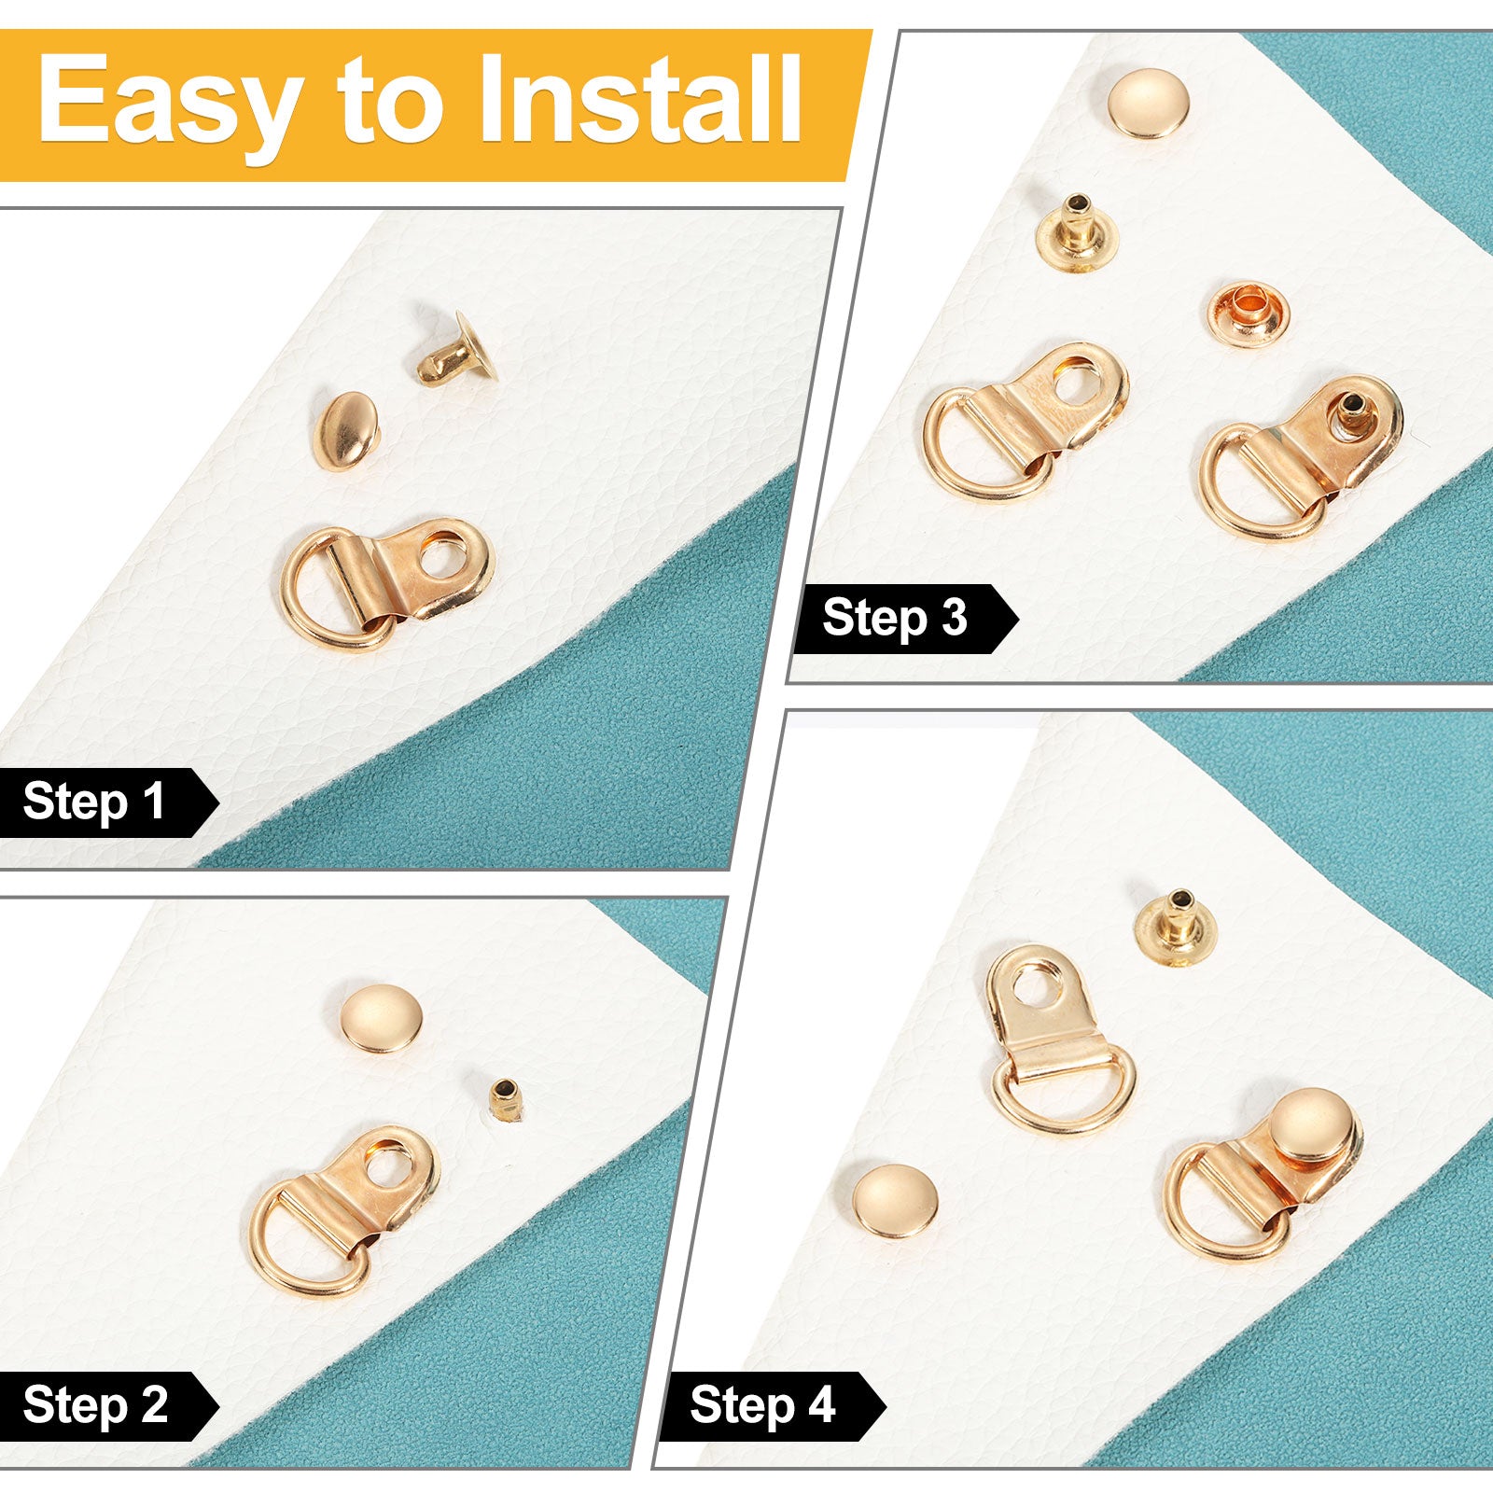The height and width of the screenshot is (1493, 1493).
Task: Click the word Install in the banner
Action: pos(640,98)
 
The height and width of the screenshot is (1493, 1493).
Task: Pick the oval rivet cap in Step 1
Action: pos(343,431)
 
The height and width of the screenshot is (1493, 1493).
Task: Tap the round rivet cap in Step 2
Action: pos(381,1019)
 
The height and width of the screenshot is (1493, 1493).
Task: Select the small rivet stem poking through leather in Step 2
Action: pos(505,1098)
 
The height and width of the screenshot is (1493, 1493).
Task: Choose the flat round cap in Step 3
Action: pos(1149,104)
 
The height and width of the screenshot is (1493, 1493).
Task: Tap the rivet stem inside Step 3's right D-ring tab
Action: pos(1352,411)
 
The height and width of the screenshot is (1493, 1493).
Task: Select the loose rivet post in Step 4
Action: pos(1179,928)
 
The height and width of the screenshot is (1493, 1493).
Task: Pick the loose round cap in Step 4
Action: pos(896,1201)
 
